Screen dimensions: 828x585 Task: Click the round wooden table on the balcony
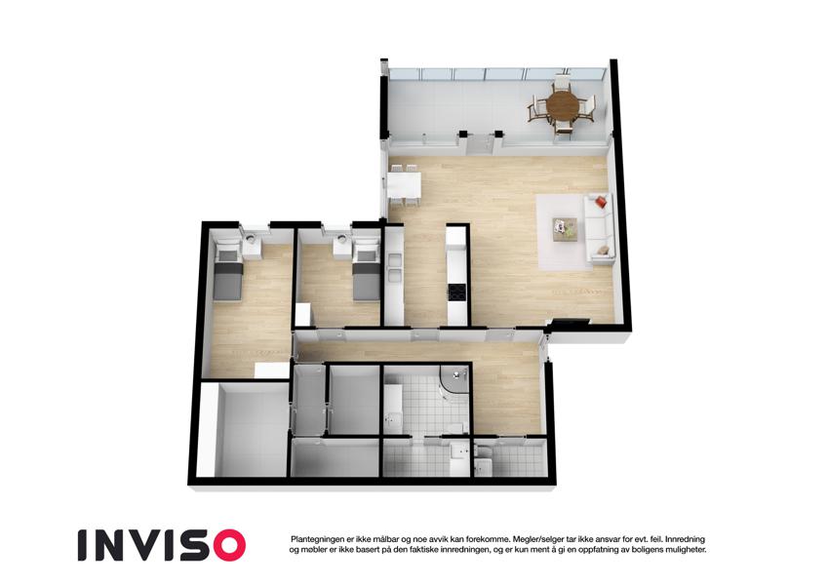(563, 106)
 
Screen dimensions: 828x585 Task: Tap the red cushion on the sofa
(601, 202)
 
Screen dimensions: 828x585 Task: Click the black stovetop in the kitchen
(455, 292)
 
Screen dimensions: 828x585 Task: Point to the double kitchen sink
(394, 268)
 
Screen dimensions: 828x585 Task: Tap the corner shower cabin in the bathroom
(453, 380)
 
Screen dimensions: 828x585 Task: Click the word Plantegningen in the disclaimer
(317, 539)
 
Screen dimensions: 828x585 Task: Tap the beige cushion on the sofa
(603, 250)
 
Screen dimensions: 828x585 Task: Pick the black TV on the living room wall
(571, 322)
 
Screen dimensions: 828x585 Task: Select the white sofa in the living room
(599, 227)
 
